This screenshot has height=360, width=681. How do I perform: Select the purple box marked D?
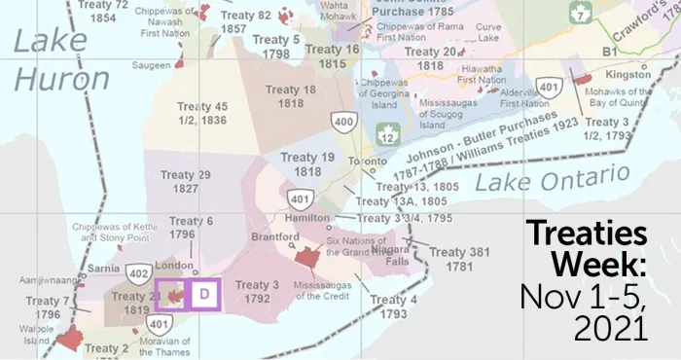pos(203,294)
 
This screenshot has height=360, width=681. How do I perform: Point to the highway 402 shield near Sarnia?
pos(139,275)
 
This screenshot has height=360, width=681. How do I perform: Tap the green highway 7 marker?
pos(582,15)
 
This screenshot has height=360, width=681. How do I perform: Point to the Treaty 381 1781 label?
pos(460,260)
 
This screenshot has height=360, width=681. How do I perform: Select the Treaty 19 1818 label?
pos(307,163)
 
